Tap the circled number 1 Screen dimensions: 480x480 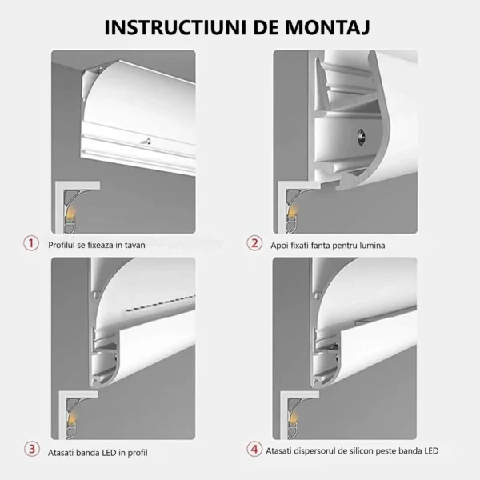tap(31, 244)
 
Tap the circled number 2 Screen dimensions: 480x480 tap(254, 244)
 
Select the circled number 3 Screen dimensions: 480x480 tap(32, 450)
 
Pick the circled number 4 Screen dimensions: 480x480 tap(254, 450)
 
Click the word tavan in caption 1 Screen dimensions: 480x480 tap(134, 246)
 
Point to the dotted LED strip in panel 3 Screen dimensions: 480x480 tap(161, 304)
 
